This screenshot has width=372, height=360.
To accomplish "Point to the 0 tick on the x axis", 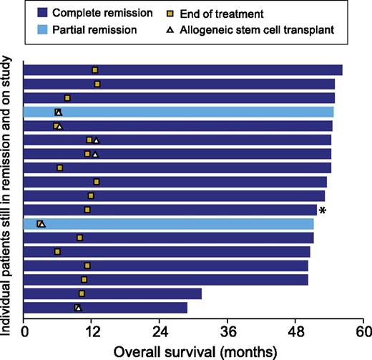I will pyautogui.click(x=24, y=331).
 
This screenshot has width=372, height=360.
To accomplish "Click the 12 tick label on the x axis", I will pyautogui.click(x=92, y=331).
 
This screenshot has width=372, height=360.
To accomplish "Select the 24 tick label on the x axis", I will pyautogui.click(x=160, y=331).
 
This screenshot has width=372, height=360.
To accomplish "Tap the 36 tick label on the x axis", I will pyautogui.click(x=228, y=331).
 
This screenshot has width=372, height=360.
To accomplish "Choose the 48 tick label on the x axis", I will pyautogui.click(x=296, y=331).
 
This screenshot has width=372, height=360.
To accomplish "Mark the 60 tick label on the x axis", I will pyautogui.click(x=363, y=331).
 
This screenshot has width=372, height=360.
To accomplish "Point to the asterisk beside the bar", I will pyautogui.click(x=323, y=211).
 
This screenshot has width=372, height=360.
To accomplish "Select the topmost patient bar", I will pyautogui.click(x=183, y=69).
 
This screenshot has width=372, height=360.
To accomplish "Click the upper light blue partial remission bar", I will pyautogui.click(x=179, y=112).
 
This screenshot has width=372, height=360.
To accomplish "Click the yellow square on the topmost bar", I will pyautogui.click(x=95, y=69).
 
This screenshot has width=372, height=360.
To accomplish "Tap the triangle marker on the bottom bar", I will pyautogui.click(x=79, y=308).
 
